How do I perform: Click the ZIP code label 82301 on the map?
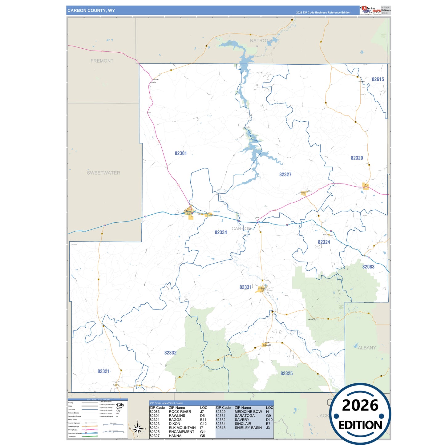181,153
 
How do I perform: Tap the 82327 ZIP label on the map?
285,175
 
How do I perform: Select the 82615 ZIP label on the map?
378,79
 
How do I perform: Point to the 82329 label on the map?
357,158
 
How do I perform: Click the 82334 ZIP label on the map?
221,233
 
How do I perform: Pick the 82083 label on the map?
368,267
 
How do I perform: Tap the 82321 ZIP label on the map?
103,371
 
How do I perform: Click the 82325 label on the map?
286,374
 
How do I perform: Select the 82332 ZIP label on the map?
170,353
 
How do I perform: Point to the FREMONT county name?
102,61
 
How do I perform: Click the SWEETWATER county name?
103,173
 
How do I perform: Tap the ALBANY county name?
367,348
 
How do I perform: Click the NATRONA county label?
261,41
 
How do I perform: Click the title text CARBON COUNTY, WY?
91,10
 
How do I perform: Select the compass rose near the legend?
138,428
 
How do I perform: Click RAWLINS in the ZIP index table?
177,416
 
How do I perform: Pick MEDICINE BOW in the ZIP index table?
248,412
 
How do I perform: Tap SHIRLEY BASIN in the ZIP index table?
248,428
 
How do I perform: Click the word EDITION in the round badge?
360,425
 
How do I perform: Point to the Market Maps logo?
370,10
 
